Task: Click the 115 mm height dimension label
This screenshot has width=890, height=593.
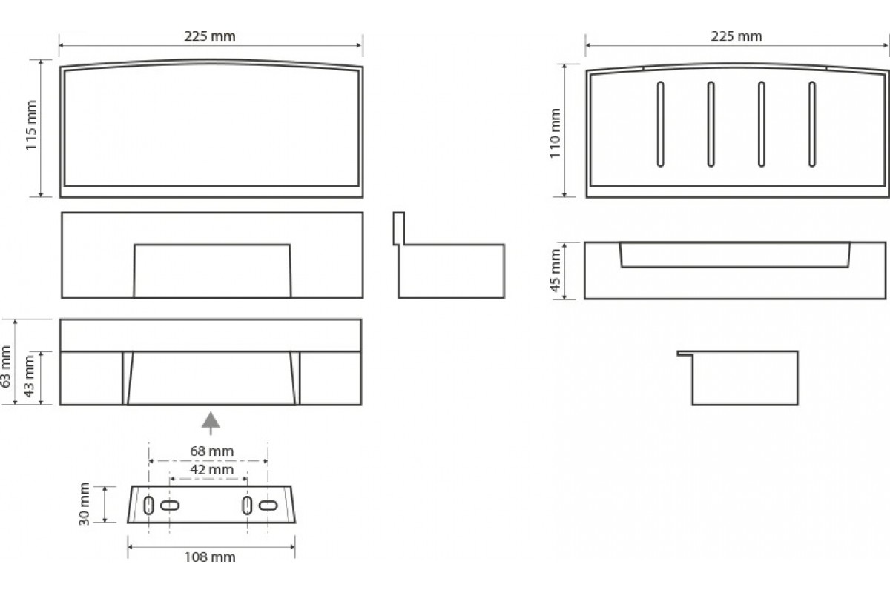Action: pos(31,125)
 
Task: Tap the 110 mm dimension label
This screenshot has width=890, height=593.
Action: pos(555,133)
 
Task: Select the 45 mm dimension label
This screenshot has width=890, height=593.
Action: pos(555,270)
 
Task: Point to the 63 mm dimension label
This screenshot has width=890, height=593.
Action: pos(6,366)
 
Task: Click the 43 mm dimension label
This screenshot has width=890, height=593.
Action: pos(30,376)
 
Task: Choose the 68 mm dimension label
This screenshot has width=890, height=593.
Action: pos(212,451)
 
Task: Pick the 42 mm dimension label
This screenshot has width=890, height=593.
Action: pos(212,469)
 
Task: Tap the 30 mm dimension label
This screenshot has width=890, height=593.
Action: pos(85,503)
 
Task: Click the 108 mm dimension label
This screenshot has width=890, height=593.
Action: pos(210,557)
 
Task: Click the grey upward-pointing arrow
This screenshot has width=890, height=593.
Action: pos(210,423)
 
